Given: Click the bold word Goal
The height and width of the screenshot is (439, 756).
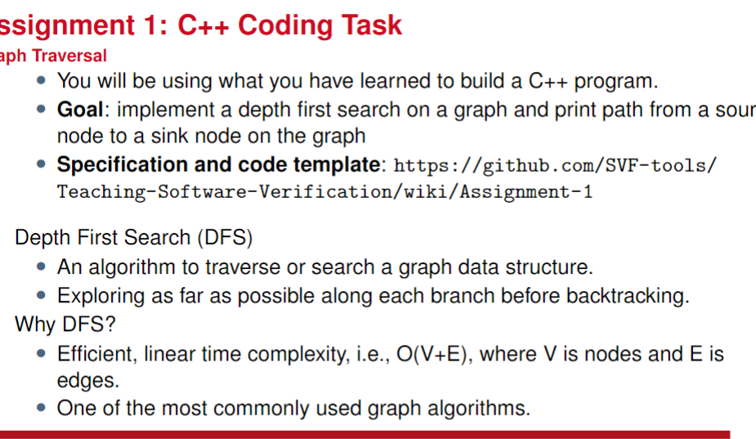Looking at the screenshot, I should [78, 110].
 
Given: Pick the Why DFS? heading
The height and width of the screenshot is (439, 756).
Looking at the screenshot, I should [65, 325].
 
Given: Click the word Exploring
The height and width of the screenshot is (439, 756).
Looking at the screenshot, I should [100, 296].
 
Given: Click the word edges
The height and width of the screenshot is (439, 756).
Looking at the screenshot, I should [78, 381].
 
